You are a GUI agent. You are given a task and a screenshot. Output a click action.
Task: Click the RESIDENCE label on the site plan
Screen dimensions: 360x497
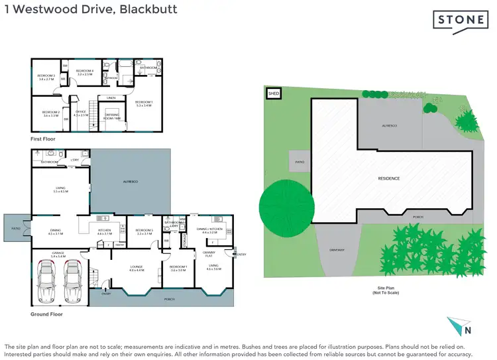click(x=389, y=178)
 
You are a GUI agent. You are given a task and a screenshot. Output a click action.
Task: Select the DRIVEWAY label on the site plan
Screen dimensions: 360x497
click(x=337, y=250)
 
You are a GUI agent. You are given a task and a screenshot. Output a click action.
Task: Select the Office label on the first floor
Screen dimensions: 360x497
click(x=81, y=113)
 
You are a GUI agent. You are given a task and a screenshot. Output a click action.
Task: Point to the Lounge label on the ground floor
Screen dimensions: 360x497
click(x=137, y=268)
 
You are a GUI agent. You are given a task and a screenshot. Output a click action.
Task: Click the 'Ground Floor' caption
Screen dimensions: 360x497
click(x=47, y=314)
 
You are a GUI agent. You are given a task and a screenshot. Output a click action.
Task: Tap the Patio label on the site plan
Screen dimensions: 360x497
click(x=300, y=161)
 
